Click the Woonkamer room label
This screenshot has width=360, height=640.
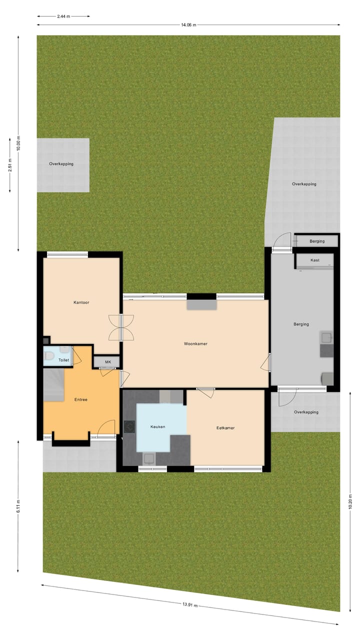click(195, 344)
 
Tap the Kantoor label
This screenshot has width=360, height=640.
click(81, 302)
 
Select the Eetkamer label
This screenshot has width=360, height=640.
click(225, 428)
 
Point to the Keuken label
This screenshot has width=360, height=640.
click(158, 426)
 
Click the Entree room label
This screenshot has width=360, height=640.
click(81, 399)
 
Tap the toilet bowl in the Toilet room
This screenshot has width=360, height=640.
click(49, 356)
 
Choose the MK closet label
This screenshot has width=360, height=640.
click(108, 361)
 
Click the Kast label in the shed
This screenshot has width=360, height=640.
click(315, 260)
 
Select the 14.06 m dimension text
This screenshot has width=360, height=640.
click(188, 24)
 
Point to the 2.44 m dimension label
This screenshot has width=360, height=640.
click(63, 16)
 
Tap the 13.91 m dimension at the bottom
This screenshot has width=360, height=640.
click(190, 604)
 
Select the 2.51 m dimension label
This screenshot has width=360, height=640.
click(10, 165)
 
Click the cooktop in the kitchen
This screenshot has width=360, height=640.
click(129, 426)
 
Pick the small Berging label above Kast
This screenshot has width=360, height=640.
click(317, 241)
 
